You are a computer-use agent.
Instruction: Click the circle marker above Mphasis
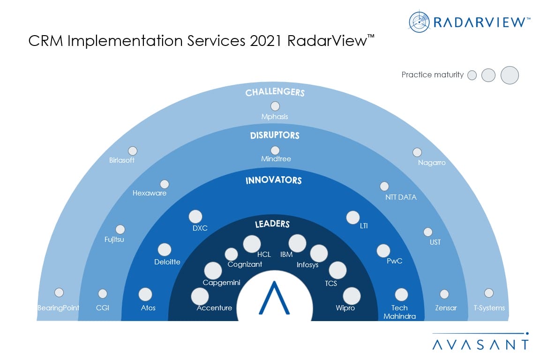tap(275, 106)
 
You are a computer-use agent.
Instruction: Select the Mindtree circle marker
tap(275, 150)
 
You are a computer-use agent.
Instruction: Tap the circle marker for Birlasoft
tap(133, 151)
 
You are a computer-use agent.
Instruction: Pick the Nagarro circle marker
tap(417, 152)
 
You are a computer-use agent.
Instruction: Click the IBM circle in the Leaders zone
tap(297, 243)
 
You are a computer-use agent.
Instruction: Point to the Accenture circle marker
tap(200, 296)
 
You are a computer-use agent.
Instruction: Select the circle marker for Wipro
tap(352, 296)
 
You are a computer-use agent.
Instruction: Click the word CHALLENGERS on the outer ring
tap(275, 92)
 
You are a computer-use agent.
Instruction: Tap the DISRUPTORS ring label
tap(275, 135)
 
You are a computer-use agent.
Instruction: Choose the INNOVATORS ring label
tap(274, 180)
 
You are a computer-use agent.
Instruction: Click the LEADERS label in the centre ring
tap(272, 224)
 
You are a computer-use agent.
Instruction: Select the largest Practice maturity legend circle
tap(510, 75)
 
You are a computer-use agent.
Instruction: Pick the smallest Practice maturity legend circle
tap(472, 75)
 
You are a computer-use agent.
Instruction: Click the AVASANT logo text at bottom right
tap(480, 345)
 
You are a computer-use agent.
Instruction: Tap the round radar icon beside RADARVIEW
tap(419, 22)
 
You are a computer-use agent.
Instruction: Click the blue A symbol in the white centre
tap(274, 298)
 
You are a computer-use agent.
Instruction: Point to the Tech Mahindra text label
tap(399, 312)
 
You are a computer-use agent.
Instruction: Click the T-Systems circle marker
tap(489, 293)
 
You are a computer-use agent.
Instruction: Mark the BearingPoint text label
tap(58, 308)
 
